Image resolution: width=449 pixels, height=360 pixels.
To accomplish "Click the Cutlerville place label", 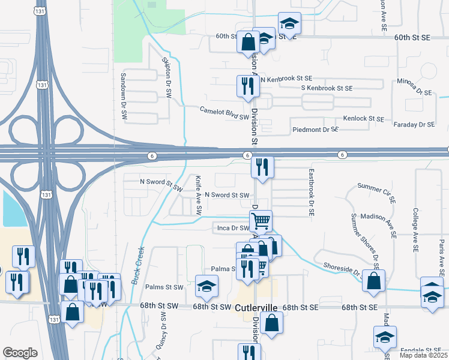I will click(256, 307).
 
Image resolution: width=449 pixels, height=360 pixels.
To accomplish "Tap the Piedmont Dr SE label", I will click(316, 130).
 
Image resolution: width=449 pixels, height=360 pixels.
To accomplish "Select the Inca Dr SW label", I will click(232, 228).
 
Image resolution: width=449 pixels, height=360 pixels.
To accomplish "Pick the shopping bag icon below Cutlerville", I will click(272, 322).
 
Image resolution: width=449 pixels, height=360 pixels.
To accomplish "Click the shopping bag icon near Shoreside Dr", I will click(374, 280).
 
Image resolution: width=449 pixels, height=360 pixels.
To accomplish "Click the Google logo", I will click(20, 353).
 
